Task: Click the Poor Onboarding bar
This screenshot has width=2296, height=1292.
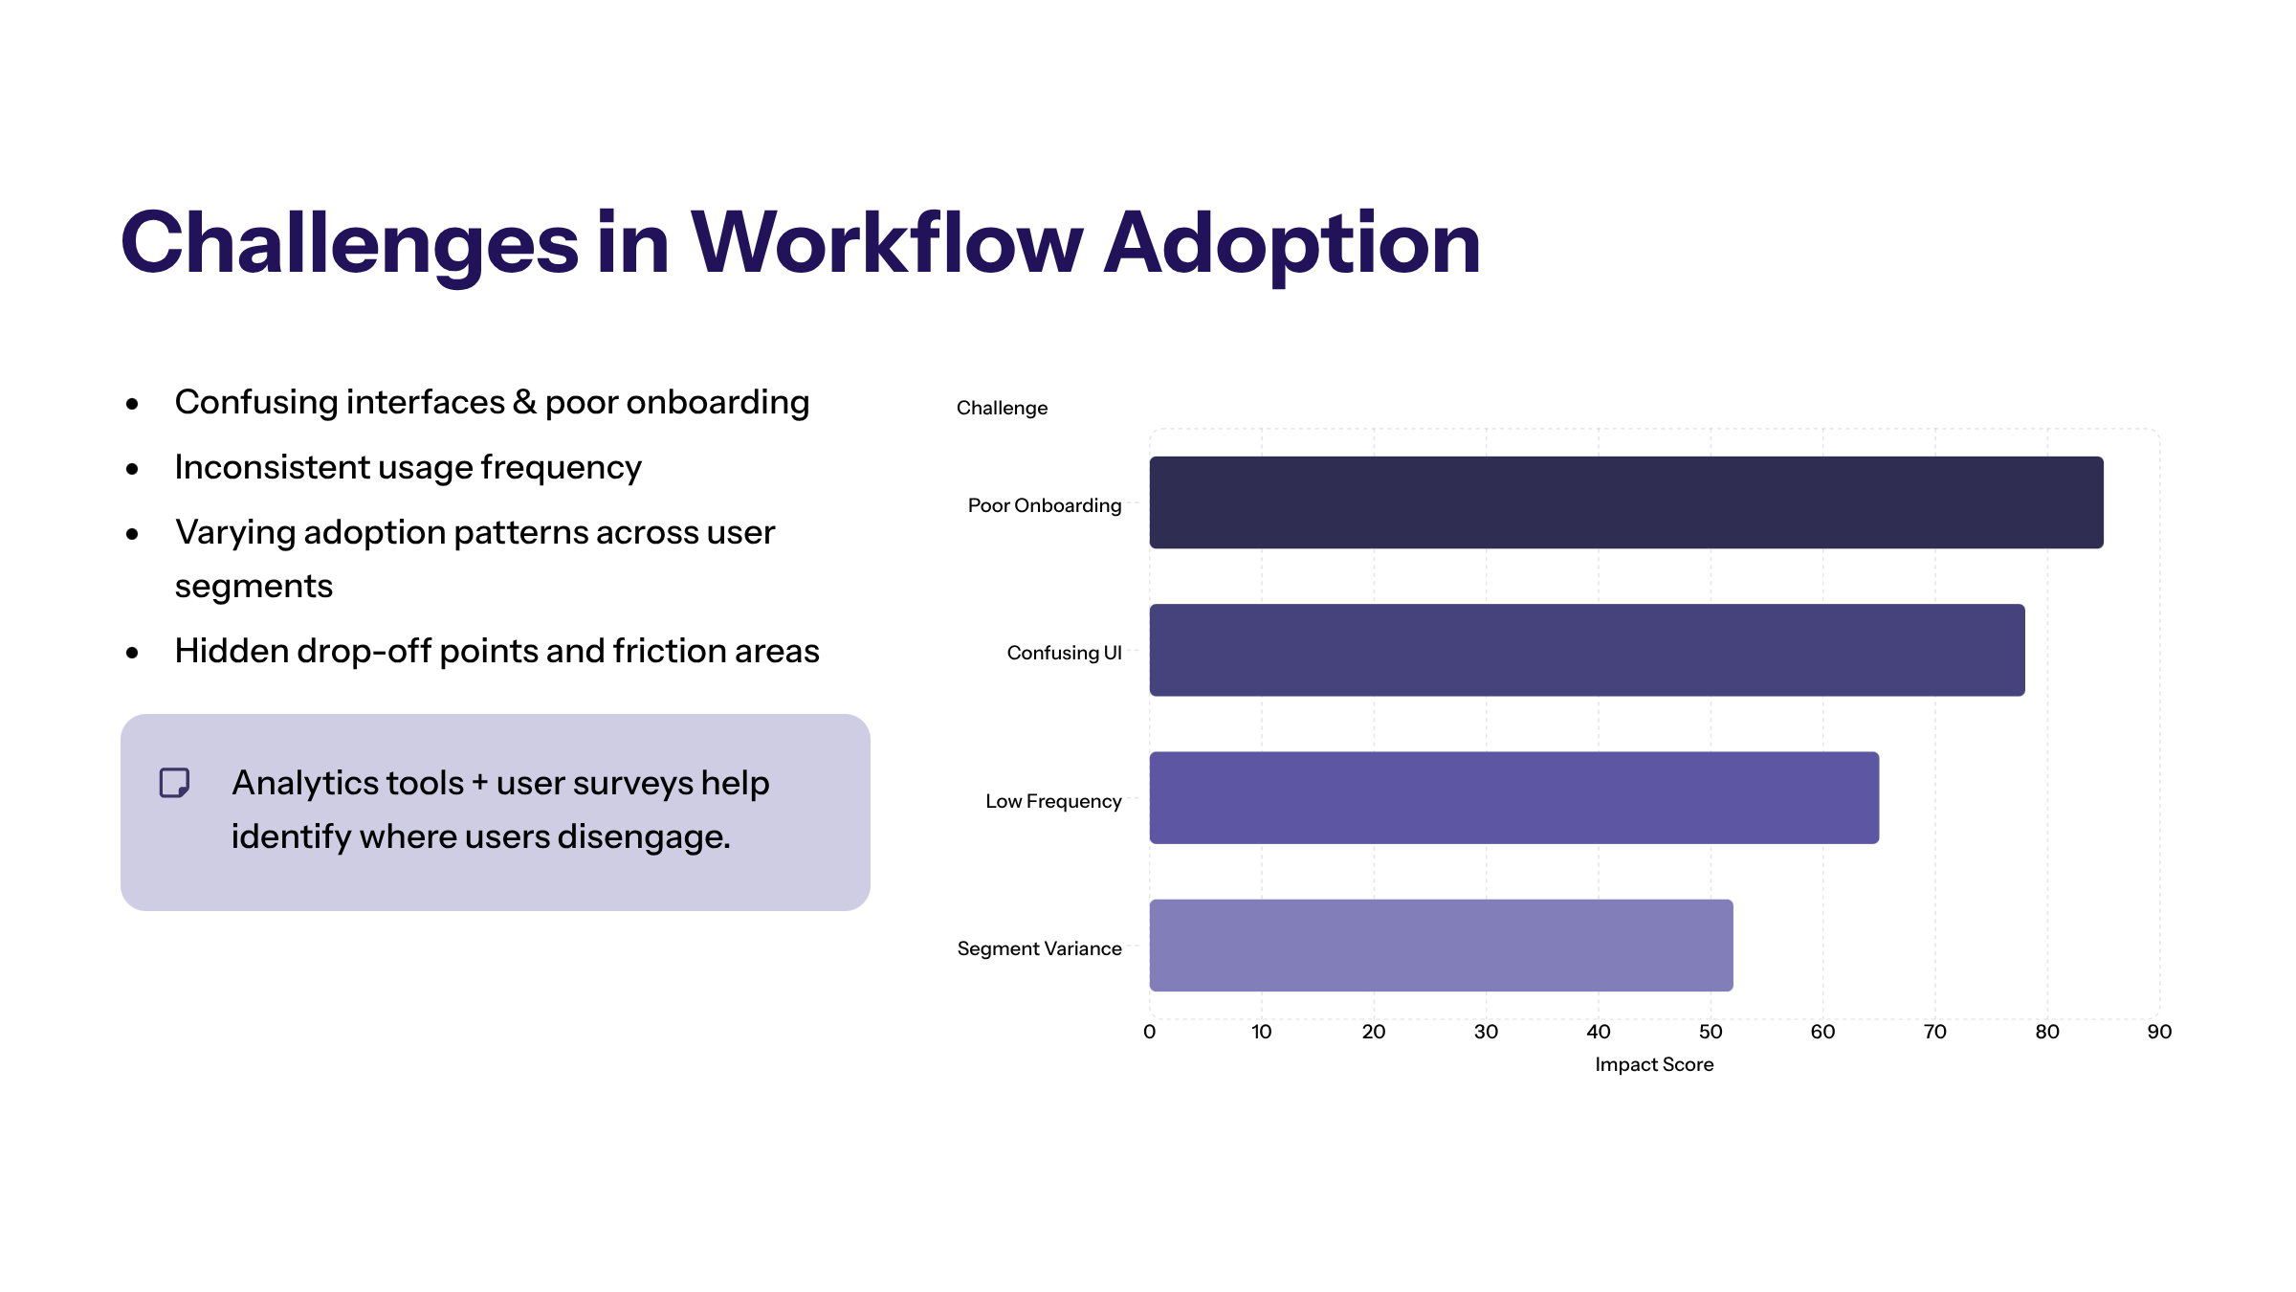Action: tap(1625, 502)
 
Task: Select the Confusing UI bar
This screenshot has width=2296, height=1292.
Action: tap(1586, 650)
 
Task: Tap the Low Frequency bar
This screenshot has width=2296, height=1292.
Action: tap(1513, 797)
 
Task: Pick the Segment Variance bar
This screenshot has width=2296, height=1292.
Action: tap(1441, 946)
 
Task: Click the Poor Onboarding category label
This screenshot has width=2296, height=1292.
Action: tap(1044, 505)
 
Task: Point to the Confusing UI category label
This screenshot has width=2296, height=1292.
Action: tap(1064, 653)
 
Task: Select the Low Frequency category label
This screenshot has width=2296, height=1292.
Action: tap(1053, 801)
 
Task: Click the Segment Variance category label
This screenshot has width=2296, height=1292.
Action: tap(1039, 948)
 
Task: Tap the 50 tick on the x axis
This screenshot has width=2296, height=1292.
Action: tap(1711, 1032)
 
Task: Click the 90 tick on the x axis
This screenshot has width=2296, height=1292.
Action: tap(2159, 1032)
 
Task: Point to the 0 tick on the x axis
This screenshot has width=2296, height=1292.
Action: tap(1149, 1032)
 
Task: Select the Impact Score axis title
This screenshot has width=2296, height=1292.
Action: tap(1654, 1064)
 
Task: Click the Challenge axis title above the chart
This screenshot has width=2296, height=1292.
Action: tap(1002, 408)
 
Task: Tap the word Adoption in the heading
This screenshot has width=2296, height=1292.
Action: tap(1291, 243)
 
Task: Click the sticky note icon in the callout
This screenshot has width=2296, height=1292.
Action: tap(174, 783)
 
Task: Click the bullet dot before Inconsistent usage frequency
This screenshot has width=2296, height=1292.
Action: tap(133, 469)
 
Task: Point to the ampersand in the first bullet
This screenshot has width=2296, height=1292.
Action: tap(524, 402)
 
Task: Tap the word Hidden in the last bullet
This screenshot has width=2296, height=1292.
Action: tap(232, 651)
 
